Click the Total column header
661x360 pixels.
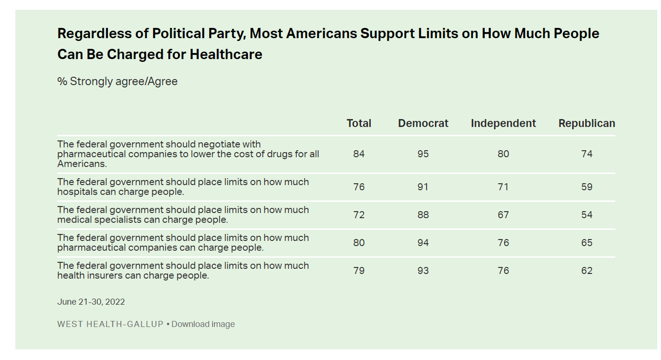click(x=358, y=124)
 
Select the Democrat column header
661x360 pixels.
click(x=423, y=124)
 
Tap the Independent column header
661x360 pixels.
click(x=503, y=124)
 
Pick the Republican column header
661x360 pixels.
click(x=586, y=124)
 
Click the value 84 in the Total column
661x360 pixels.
click(x=358, y=154)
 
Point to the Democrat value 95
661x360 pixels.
click(x=423, y=154)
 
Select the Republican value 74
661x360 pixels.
click(x=586, y=154)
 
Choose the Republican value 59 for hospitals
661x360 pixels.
click(x=586, y=187)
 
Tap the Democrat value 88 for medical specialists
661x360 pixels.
click(x=423, y=215)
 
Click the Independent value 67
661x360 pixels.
click(x=503, y=215)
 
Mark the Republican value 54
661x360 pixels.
click(x=586, y=215)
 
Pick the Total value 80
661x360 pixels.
click(x=358, y=243)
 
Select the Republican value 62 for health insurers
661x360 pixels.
click(x=586, y=271)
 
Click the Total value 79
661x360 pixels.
click(x=358, y=271)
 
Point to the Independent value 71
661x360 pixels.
click(x=503, y=187)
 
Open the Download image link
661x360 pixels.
click(x=203, y=324)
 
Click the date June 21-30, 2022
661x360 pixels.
click(x=91, y=302)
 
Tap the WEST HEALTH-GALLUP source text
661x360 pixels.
click(x=110, y=324)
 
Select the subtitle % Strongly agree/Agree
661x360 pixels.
click(x=117, y=82)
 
